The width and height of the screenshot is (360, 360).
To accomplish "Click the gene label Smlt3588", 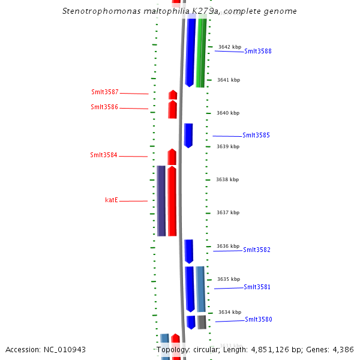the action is point(257,52).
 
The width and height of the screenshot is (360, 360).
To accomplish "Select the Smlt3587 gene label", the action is point(104,92).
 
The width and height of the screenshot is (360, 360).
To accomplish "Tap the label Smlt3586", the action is point(104,107).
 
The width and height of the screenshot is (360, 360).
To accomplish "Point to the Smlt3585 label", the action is point(256,136).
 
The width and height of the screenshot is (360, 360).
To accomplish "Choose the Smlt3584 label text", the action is point(103,155).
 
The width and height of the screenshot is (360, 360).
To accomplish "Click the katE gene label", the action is point(112,200).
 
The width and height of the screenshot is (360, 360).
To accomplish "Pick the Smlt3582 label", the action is point(257,250).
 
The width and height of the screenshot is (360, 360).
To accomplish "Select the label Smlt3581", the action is point(257,287).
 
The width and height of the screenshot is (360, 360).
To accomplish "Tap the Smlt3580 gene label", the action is point(258,320).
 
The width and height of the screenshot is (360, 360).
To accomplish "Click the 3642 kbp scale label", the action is point(229,47).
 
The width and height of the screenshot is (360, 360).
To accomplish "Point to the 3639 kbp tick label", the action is point(229,146).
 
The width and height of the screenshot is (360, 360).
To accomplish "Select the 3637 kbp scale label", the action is point(229,212).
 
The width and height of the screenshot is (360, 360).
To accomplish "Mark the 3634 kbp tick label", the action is point(230,312).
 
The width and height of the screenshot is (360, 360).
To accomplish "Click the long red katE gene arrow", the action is point(172,201).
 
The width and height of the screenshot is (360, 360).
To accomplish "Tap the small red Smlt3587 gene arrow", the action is point(173,95).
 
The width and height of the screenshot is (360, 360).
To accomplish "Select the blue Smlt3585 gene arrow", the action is point(188,135).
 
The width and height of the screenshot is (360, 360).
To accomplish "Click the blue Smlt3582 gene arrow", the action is point(189,250).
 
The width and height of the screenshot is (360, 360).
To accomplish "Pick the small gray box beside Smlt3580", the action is point(202,322).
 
